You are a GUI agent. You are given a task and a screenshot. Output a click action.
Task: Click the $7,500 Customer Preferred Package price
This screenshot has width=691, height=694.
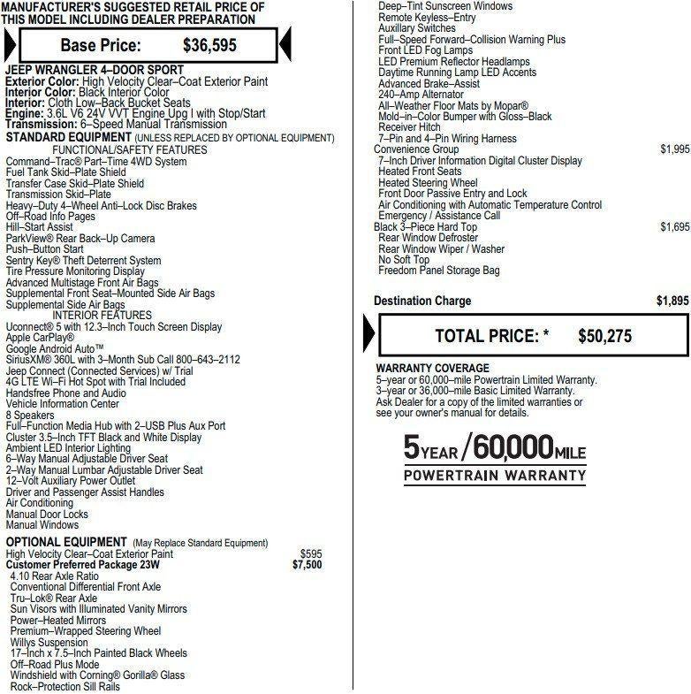pos(307,565)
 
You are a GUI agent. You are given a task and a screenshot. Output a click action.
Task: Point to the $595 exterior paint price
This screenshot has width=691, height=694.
pos(311,554)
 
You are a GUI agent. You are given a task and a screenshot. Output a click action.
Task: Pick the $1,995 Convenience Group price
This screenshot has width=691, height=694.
pos(674,149)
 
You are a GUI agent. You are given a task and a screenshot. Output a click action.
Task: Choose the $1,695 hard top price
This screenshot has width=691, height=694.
pos(674,227)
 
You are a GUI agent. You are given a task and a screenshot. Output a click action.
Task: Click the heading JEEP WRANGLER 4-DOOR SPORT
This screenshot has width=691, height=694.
pos(95,70)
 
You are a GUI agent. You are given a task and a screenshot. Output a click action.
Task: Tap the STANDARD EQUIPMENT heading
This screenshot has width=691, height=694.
pos(66,138)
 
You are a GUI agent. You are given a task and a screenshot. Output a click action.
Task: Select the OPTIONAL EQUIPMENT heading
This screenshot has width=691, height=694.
pos(66,542)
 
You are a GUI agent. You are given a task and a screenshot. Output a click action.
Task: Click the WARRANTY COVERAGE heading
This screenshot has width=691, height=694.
pos(432,368)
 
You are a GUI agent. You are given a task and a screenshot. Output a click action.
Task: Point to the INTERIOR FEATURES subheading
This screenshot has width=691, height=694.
pos(102,316)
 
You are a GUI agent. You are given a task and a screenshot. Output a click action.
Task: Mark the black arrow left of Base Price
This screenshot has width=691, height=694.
pos(9,44)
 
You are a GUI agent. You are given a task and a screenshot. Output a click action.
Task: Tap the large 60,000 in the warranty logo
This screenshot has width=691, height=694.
pos(513,447)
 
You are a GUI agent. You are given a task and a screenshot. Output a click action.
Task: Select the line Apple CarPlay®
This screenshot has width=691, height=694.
pos(40,338)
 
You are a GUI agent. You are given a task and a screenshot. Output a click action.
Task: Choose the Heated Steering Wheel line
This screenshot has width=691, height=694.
pos(428,183)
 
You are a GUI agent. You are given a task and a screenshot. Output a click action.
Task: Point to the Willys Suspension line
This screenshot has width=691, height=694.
pos(49,643)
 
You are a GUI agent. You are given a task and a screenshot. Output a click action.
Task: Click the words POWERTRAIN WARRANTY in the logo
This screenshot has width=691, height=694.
pos(495,476)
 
